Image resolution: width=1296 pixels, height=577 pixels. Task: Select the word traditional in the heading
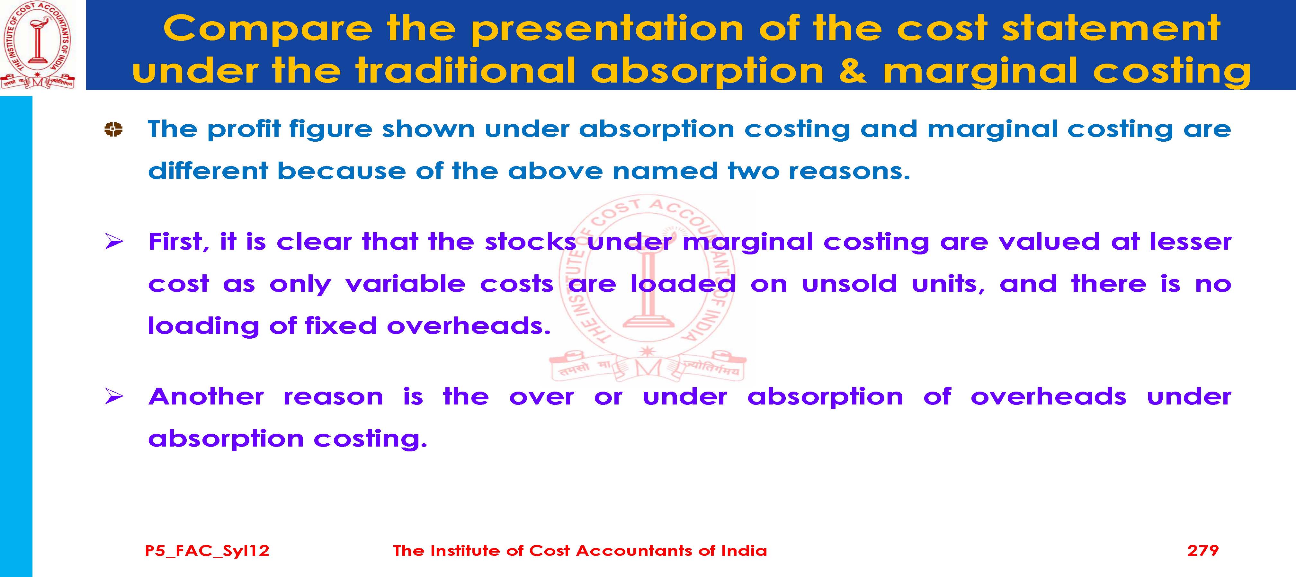465,70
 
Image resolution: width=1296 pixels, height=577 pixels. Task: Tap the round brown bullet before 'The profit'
113,129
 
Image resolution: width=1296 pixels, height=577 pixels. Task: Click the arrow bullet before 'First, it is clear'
114,242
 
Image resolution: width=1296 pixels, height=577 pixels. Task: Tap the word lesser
1191,242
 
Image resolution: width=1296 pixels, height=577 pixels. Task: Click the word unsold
849,284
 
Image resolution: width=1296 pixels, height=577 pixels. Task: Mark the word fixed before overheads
341,326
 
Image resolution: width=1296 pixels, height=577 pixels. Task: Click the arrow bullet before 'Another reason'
114,397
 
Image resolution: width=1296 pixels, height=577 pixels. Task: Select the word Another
206,397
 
